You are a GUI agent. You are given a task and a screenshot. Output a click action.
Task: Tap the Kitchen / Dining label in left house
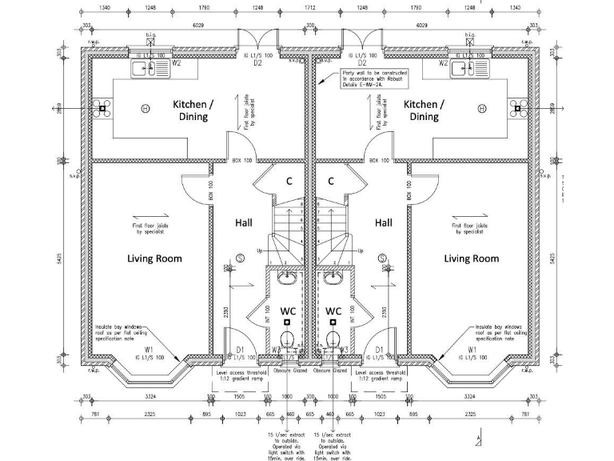[x=192, y=110]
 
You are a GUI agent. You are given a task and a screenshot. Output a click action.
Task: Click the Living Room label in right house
[x=472, y=259]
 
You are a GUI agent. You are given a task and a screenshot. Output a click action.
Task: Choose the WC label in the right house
[x=333, y=311]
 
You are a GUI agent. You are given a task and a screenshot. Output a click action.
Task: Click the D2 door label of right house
[x=361, y=62]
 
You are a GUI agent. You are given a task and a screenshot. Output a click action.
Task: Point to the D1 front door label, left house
[x=240, y=349]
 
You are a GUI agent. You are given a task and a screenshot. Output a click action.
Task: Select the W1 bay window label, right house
[x=472, y=349]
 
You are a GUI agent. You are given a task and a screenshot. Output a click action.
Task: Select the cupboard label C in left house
[x=289, y=181]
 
